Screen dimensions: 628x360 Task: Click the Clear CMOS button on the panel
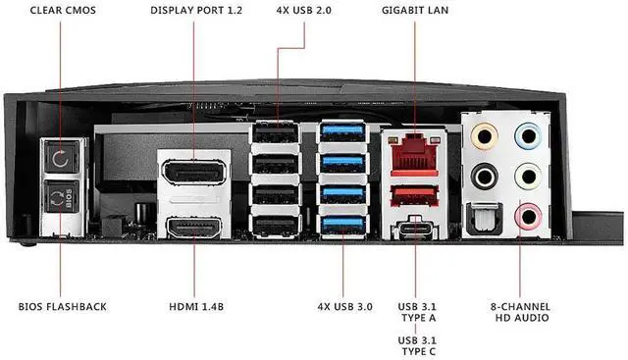61,158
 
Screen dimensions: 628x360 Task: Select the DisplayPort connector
194,172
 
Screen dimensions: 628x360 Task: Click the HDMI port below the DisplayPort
194,228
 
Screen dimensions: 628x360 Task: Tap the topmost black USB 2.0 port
276,132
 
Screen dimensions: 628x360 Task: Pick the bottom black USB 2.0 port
276,226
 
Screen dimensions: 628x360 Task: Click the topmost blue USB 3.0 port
342,130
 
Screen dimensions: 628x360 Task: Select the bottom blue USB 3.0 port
342,226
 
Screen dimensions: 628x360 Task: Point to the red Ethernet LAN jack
414,154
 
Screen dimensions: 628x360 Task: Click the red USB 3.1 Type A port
414,195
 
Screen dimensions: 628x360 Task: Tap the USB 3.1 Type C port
414,227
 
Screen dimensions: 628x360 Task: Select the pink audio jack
529,216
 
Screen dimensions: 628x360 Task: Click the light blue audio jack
529,135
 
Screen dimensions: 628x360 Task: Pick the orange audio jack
484,136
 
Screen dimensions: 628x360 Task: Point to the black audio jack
484,177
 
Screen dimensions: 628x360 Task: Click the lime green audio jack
529,177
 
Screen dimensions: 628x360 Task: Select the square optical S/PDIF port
485,220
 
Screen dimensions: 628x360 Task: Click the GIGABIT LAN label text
415,11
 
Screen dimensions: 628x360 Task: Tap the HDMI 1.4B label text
196,307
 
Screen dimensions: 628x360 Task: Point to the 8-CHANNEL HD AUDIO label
520,312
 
